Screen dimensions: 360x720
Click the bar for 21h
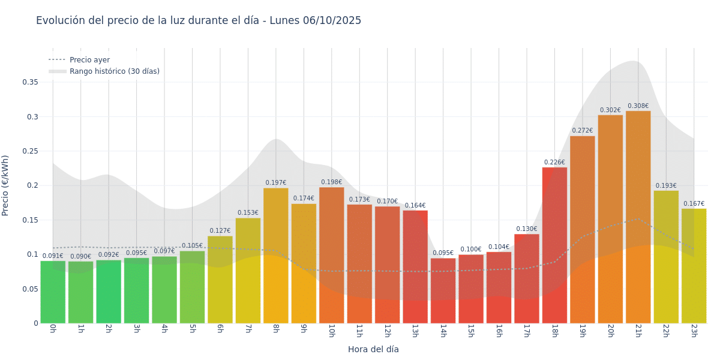click(x=638, y=216)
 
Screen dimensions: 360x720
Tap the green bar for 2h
click(x=109, y=292)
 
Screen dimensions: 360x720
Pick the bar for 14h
click(x=443, y=291)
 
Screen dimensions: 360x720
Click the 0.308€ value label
click(x=638, y=106)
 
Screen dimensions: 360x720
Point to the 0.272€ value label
click(x=582, y=131)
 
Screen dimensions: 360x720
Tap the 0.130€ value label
click(x=526, y=229)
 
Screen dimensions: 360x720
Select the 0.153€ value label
click(x=248, y=213)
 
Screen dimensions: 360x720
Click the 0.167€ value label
click(x=694, y=204)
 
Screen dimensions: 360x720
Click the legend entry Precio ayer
click(x=89, y=60)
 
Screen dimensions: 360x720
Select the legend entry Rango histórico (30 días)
click(x=114, y=71)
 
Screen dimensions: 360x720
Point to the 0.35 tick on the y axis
click(x=30, y=82)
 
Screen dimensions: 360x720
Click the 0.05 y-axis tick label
click(x=30, y=289)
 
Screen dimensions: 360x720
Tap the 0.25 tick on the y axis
click(x=30, y=151)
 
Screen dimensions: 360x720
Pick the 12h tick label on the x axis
click(x=387, y=331)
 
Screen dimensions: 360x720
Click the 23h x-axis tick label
click(x=694, y=331)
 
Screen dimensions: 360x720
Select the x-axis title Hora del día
click(x=373, y=349)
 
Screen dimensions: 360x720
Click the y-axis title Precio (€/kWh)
click(x=5, y=185)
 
